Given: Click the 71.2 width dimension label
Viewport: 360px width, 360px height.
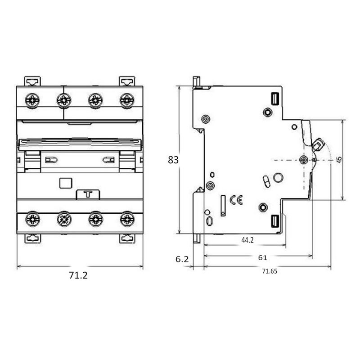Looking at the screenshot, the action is pyautogui.click(x=78, y=275).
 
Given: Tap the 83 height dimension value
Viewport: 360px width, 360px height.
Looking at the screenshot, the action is pyautogui.click(x=173, y=160).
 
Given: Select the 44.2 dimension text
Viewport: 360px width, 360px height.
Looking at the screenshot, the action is pyautogui.click(x=247, y=240).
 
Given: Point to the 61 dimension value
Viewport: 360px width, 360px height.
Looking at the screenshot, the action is pyautogui.click(x=263, y=257).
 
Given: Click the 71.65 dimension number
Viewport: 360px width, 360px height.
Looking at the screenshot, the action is pyautogui.click(x=270, y=271).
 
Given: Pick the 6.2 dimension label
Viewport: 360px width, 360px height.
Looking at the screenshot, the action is pyautogui.click(x=182, y=259).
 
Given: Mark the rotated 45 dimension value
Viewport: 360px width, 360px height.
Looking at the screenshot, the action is pyautogui.click(x=339, y=160).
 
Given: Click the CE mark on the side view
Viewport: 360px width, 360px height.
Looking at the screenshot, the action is pyautogui.click(x=236, y=200).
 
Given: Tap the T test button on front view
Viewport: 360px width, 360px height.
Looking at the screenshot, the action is pyautogui.click(x=88, y=194).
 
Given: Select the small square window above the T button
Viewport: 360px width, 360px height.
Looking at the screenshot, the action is pyautogui.click(x=66, y=183).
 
